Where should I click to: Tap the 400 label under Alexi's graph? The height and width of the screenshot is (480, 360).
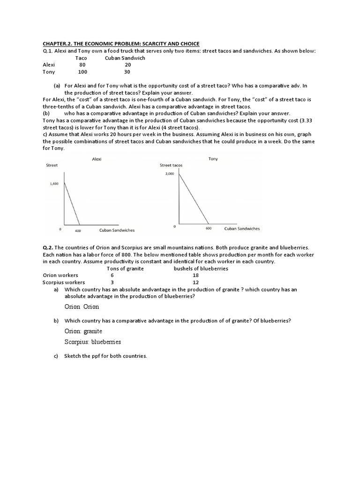(x=78, y=231)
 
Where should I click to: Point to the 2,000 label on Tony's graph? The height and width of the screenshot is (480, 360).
(x=169, y=173)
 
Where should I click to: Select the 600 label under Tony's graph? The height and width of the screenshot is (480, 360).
(x=209, y=229)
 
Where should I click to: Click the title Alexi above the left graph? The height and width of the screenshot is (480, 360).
(x=97, y=159)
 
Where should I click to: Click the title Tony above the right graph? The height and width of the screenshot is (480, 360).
(x=213, y=159)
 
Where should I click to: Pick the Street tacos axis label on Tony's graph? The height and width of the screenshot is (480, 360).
(x=171, y=165)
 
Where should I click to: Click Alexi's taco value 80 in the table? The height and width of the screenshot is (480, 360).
(x=82, y=65)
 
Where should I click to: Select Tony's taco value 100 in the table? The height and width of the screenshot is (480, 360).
(x=82, y=72)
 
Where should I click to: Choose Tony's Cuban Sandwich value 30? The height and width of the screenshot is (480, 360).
(x=127, y=72)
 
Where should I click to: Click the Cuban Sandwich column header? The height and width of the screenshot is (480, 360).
(x=125, y=58)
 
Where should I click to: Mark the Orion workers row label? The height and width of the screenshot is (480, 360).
(x=60, y=276)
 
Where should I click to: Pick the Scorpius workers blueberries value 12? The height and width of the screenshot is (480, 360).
(x=196, y=283)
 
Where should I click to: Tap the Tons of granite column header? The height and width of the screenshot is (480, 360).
(x=125, y=269)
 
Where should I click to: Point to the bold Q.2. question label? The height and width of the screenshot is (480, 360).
(x=49, y=247)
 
